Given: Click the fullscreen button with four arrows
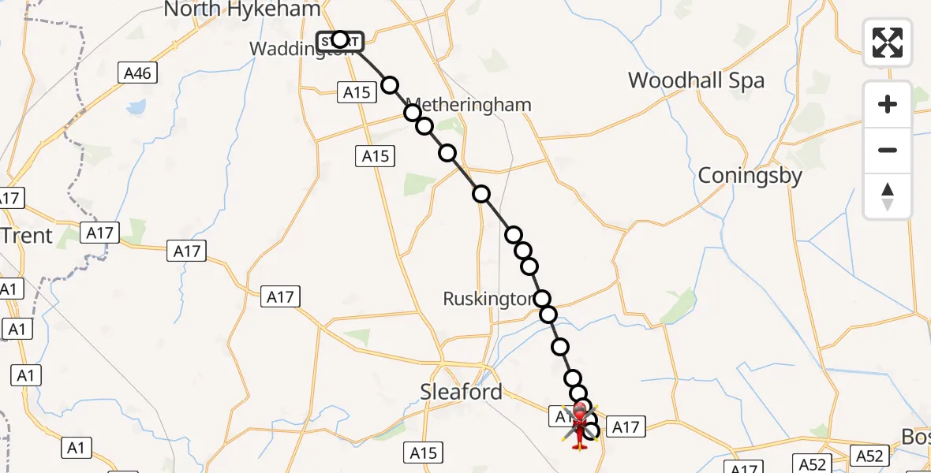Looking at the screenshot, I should pyautogui.click(x=888, y=43).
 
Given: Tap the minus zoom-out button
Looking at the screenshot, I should pyautogui.click(x=888, y=150).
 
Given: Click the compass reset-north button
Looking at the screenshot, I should pyautogui.click(x=888, y=196).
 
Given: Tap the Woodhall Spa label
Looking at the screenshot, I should pyautogui.click(x=696, y=80).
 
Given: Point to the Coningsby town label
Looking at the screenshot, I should pyautogui.click(x=750, y=176).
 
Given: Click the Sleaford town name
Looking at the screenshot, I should pyautogui.click(x=461, y=392).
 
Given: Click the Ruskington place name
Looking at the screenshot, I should pyautogui.click(x=488, y=299).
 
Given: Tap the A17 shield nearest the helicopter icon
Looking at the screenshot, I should pyautogui.click(x=626, y=427).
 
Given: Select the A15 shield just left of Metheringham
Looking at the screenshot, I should pyautogui.click(x=357, y=93).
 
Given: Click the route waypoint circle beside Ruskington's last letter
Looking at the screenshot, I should pyautogui.click(x=542, y=299).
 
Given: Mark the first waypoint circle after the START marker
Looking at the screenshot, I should pyautogui.click(x=390, y=85).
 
